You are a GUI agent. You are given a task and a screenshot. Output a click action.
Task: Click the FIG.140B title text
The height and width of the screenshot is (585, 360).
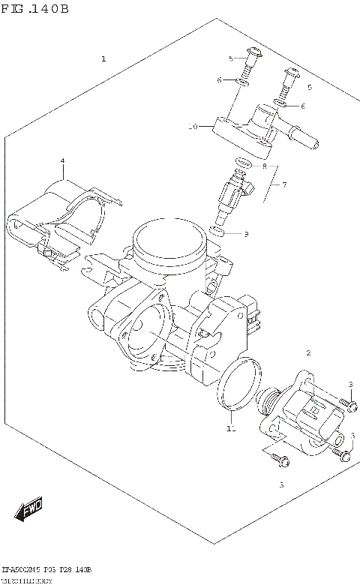click(35, 9)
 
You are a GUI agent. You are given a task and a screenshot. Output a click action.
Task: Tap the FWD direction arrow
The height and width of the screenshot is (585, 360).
click(28, 513)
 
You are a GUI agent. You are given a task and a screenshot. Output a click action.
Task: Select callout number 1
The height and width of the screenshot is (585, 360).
click(103, 58)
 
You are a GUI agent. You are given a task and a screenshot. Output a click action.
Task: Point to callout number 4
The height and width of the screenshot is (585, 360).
click(63, 161)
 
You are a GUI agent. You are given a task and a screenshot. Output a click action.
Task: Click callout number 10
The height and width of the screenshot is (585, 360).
click(193, 127)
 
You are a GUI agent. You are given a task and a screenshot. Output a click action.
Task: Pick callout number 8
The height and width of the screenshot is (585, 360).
click(264, 166)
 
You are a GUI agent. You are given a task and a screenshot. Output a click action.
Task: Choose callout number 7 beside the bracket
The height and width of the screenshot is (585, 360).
click(283, 184)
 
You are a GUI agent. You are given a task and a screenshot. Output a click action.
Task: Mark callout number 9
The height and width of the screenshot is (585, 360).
click(244, 234)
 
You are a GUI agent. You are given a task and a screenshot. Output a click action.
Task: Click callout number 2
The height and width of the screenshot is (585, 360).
click(307, 352)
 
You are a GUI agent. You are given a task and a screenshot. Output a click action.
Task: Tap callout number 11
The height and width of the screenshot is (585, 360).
click(230, 429)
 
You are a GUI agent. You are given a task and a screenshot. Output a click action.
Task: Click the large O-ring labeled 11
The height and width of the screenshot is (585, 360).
click(239, 385)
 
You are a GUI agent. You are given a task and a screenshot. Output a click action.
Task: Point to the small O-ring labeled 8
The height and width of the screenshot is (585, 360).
click(241, 164)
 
